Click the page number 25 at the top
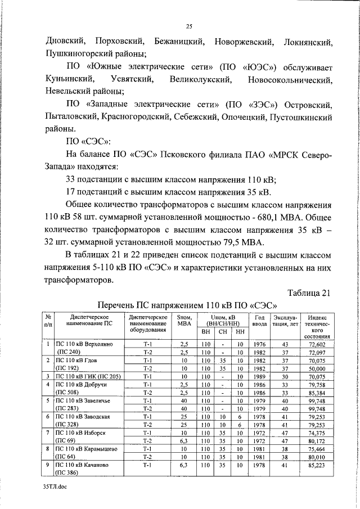tap(188, 26)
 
